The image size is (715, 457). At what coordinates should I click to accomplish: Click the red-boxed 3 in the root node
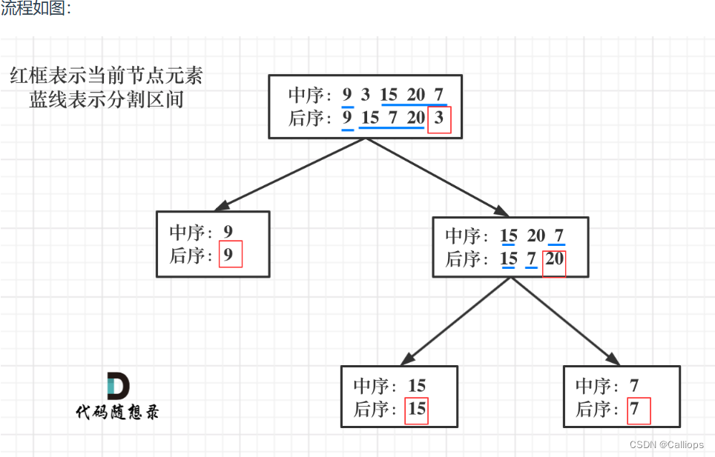[440, 119]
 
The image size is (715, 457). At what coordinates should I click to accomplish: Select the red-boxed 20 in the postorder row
[554, 260]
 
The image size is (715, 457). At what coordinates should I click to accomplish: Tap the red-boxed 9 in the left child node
[231, 256]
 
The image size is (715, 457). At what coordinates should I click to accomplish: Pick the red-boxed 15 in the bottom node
[417, 410]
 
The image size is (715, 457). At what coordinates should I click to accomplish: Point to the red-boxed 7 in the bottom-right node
[638, 410]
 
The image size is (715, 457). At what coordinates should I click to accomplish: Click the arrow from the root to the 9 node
[289, 174]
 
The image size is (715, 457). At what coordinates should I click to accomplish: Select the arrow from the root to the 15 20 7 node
[438, 178]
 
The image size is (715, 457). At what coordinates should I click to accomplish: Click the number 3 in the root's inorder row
[366, 95]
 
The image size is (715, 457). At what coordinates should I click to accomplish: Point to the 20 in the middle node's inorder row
[536, 236]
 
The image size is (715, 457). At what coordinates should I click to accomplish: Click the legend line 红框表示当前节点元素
[106, 76]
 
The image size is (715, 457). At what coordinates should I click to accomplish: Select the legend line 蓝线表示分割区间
[106, 99]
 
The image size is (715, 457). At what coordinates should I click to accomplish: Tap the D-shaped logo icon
[117, 386]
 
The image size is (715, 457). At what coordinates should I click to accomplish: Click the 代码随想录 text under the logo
[117, 412]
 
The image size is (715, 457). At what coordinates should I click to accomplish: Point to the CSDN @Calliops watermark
[666, 444]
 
